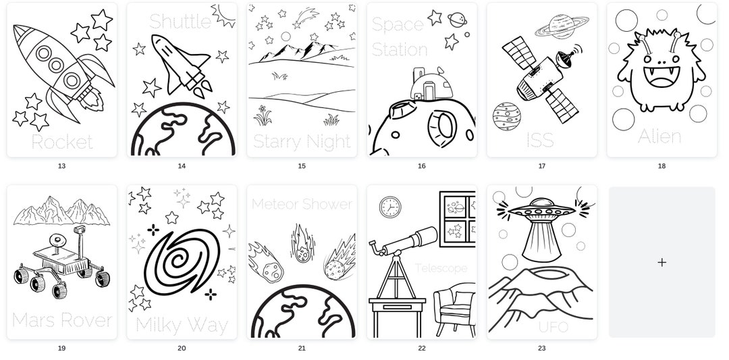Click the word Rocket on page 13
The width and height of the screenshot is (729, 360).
tap(61, 142)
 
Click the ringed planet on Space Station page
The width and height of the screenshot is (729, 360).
tap(457, 20)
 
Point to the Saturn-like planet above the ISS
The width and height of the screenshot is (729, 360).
tap(562, 26)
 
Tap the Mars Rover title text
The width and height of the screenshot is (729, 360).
tap(61, 319)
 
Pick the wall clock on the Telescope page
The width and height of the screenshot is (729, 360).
tap(389, 207)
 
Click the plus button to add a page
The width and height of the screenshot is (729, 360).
tap(661, 262)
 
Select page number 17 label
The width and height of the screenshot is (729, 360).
tap(541, 165)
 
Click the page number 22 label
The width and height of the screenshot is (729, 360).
tap(421, 349)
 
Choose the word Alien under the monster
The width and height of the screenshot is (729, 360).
tap(659, 136)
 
